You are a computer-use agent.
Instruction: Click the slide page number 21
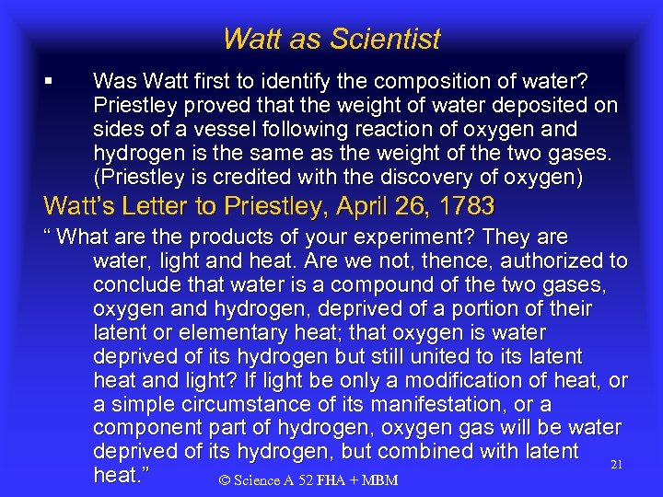click(x=617, y=466)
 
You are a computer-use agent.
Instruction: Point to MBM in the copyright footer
click(x=379, y=481)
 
